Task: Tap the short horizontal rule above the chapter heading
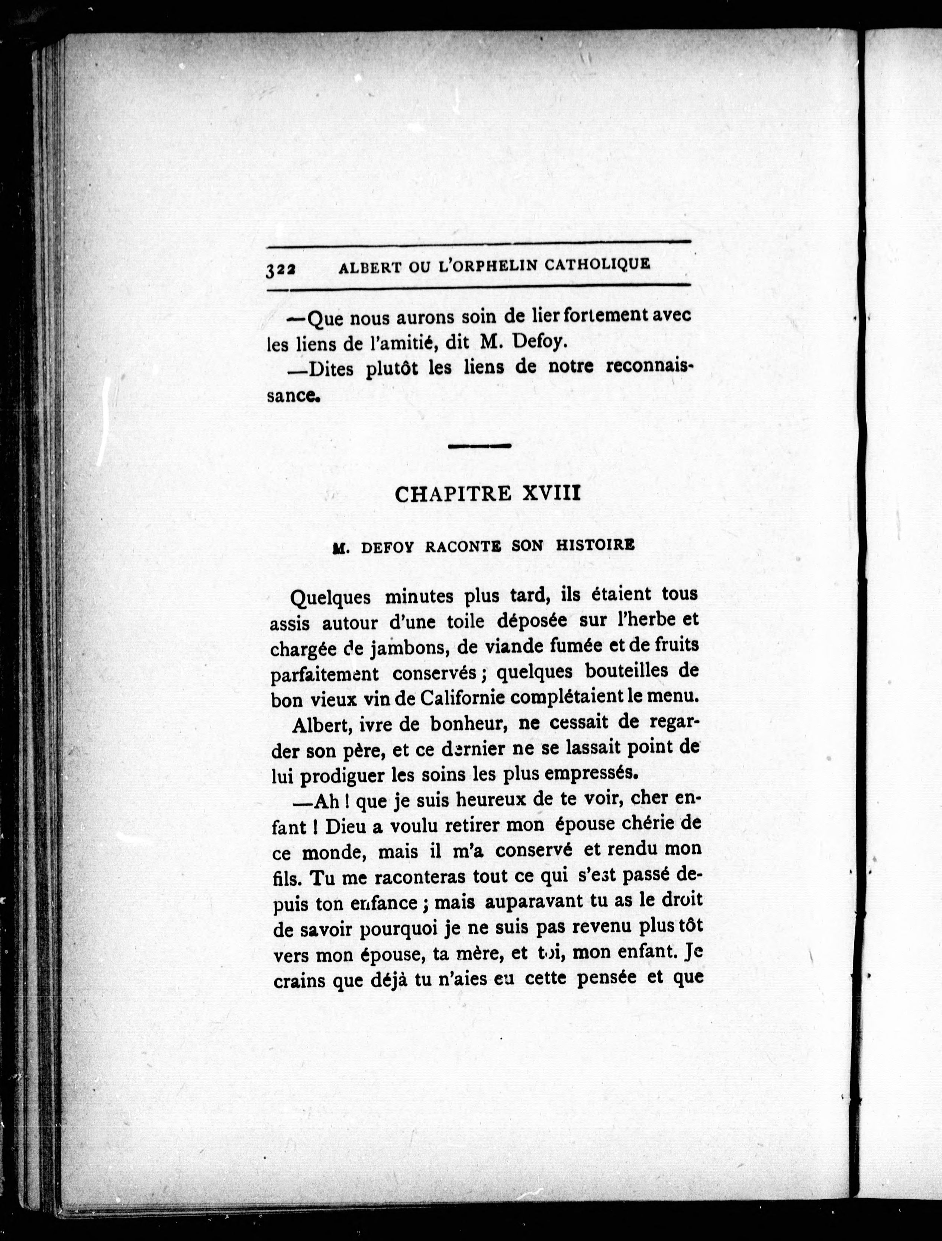tap(480, 446)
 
